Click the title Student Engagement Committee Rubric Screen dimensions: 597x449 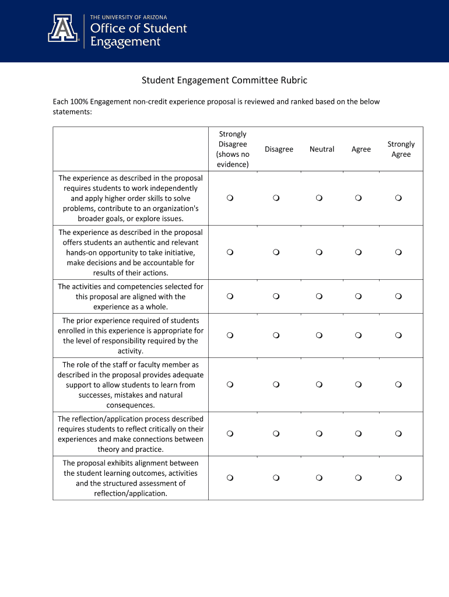point(224,80)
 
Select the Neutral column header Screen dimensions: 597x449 point(322,149)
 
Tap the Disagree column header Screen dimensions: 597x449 point(279,149)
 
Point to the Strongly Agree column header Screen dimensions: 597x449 point(401,149)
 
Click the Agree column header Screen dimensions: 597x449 point(361,149)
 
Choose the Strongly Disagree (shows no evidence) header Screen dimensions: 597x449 point(233,149)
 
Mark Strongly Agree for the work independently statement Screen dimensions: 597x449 point(398,199)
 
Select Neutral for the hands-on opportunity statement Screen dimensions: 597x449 point(320,252)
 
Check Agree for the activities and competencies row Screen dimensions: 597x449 point(359,297)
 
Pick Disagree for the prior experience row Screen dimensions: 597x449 point(276,336)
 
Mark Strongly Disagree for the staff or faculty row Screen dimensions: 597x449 point(230,385)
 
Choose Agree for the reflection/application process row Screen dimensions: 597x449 point(359,434)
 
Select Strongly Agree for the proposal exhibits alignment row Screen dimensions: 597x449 point(398,478)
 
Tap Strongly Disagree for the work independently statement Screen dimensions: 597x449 point(230,199)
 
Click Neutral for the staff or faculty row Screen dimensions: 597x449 point(320,385)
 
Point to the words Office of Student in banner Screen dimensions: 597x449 point(138,29)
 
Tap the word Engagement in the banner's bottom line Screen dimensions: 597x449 point(125,42)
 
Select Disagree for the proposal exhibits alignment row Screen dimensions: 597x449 point(276,478)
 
